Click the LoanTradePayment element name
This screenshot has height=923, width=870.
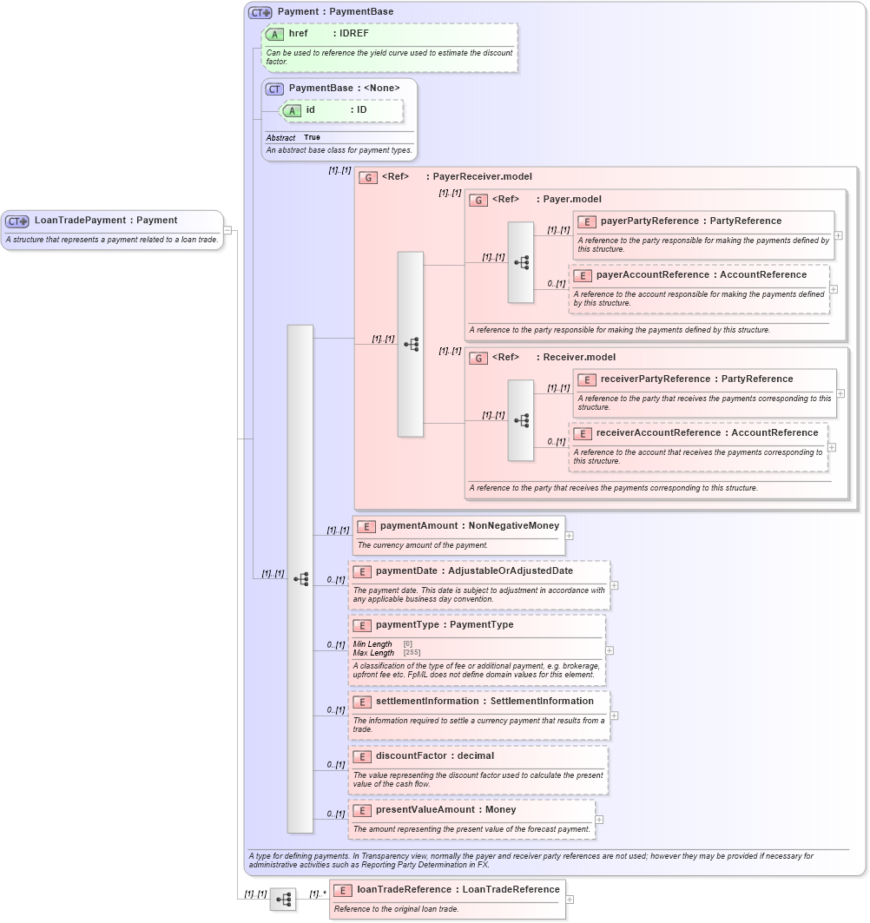point(81,221)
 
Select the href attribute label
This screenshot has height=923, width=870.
point(298,34)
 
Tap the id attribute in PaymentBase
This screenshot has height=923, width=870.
point(310,110)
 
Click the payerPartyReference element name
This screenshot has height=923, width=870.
point(649,221)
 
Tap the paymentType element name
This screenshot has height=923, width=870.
point(407,625)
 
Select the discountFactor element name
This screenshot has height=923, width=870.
point(411,756)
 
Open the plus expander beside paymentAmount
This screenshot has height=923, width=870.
point(570,536)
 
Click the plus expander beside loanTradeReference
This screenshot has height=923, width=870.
point(570,900)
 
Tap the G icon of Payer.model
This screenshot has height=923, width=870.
point(478,200)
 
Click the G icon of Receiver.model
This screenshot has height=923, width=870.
point(478,358)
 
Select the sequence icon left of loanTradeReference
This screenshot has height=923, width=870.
point(283,900)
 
